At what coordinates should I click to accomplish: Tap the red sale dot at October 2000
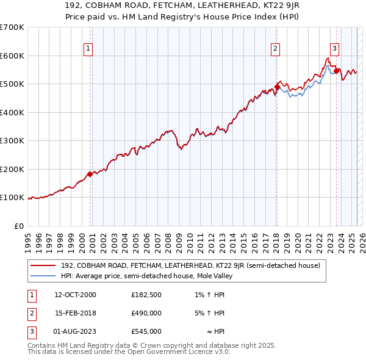[90, 174]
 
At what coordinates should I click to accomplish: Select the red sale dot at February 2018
[276, 87]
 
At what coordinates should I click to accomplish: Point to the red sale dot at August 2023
[336, 71]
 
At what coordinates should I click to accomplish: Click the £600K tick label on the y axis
[12, 56]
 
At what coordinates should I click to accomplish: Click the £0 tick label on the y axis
[20, 226]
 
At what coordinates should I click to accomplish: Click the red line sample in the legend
[43, 265]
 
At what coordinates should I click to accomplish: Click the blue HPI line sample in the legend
[43, 276]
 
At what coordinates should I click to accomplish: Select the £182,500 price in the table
[146, 295]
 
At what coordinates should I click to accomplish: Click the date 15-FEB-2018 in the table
[74, 313]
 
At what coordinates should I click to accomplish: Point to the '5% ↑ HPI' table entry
[210, 313]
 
